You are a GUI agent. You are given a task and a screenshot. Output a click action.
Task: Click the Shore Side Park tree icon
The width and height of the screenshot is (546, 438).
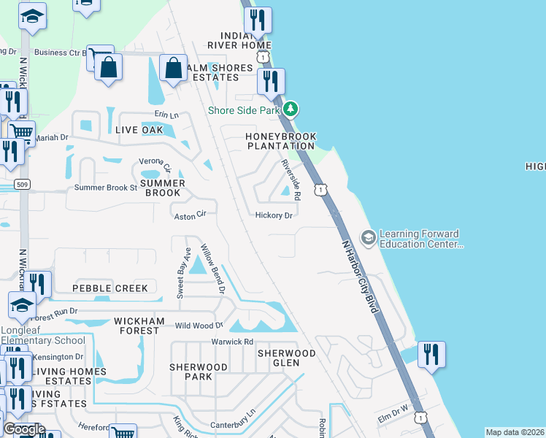click(291, 109)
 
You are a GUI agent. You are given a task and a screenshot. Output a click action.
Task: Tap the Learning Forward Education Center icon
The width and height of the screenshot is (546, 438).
click(369, 237)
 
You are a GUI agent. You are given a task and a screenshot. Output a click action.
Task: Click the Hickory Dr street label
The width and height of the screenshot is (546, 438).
click(274, 215)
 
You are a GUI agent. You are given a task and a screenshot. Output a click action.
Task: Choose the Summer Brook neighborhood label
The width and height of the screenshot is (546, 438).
click(161, 188)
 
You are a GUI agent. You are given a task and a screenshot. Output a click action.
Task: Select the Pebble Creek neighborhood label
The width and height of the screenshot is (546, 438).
click(109, 288)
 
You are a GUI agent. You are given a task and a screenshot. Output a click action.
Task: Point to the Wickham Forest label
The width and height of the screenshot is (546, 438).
click(136, 326)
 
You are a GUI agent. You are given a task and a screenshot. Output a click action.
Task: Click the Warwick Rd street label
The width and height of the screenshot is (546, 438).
click(232, 342)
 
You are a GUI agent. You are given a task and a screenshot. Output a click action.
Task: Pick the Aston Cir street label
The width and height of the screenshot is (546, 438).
click(191, 216)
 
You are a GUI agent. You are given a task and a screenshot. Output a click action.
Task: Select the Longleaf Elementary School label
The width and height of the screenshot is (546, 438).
click(42, 340)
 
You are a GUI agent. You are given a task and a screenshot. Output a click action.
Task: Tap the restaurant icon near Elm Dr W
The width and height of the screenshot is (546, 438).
click(431, 355)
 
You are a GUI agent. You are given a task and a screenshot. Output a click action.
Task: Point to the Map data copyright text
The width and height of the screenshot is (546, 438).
click(515, 432)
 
